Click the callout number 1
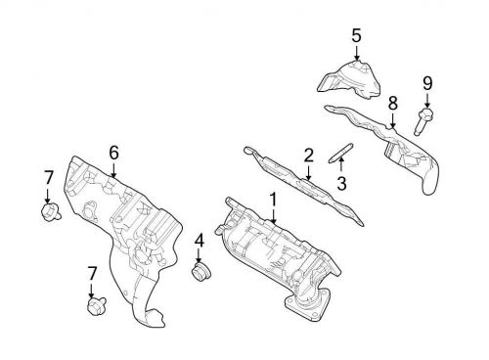(273, 199)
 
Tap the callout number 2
(308, 154)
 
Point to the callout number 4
(199, 240)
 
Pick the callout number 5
(356, 36)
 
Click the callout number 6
(113, 152)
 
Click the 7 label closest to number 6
(48, 176)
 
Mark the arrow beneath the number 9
(427, 99)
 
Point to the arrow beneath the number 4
(199, 254)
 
